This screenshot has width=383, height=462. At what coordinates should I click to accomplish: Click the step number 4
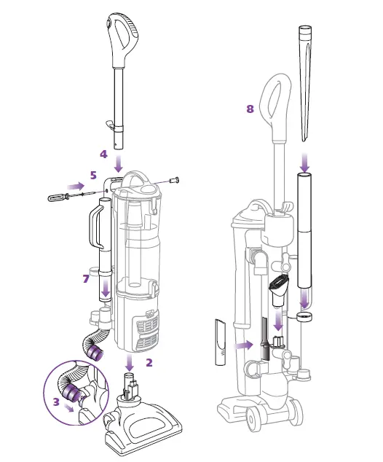(x=103, y=154)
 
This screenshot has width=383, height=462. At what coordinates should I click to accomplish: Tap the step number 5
(x=93, y=176)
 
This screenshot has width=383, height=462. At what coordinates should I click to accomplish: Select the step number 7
(x=86, y=278)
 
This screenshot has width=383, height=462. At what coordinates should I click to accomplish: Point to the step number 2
(x=149, y=363)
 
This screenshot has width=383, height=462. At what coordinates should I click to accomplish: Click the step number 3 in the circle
(x=56, y=402)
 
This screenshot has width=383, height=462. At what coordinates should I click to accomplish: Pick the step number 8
(x=250, y=109)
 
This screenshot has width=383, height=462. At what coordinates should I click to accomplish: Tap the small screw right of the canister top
(x=175, y=179)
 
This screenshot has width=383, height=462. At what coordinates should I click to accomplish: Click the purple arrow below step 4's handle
(x=119, y=164)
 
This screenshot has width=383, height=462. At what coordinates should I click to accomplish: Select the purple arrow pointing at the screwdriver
(x=76, y=186)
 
